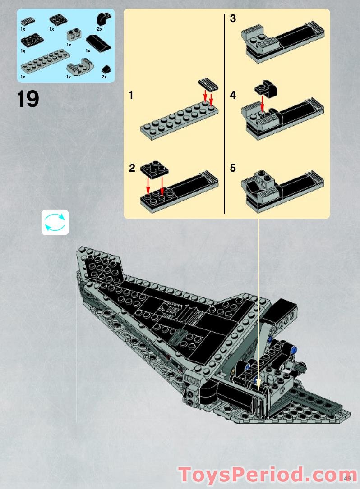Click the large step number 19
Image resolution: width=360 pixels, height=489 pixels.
(28, 99)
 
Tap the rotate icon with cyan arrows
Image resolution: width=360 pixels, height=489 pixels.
(55, 222)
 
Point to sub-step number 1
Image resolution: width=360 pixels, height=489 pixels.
(131, 96)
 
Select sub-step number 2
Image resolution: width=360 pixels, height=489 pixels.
(132, 169)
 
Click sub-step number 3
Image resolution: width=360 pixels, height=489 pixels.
(233, 19)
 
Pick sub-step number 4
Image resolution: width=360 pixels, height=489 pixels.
(233, 96)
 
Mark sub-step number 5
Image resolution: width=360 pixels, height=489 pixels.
(233, 169)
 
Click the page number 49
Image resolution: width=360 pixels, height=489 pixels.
(347, 478)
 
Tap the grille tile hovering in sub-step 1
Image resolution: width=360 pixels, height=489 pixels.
(208, 84)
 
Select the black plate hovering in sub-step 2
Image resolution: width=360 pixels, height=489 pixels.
(154, 170)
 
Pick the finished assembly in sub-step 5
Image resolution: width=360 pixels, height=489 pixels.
(280, 189)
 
